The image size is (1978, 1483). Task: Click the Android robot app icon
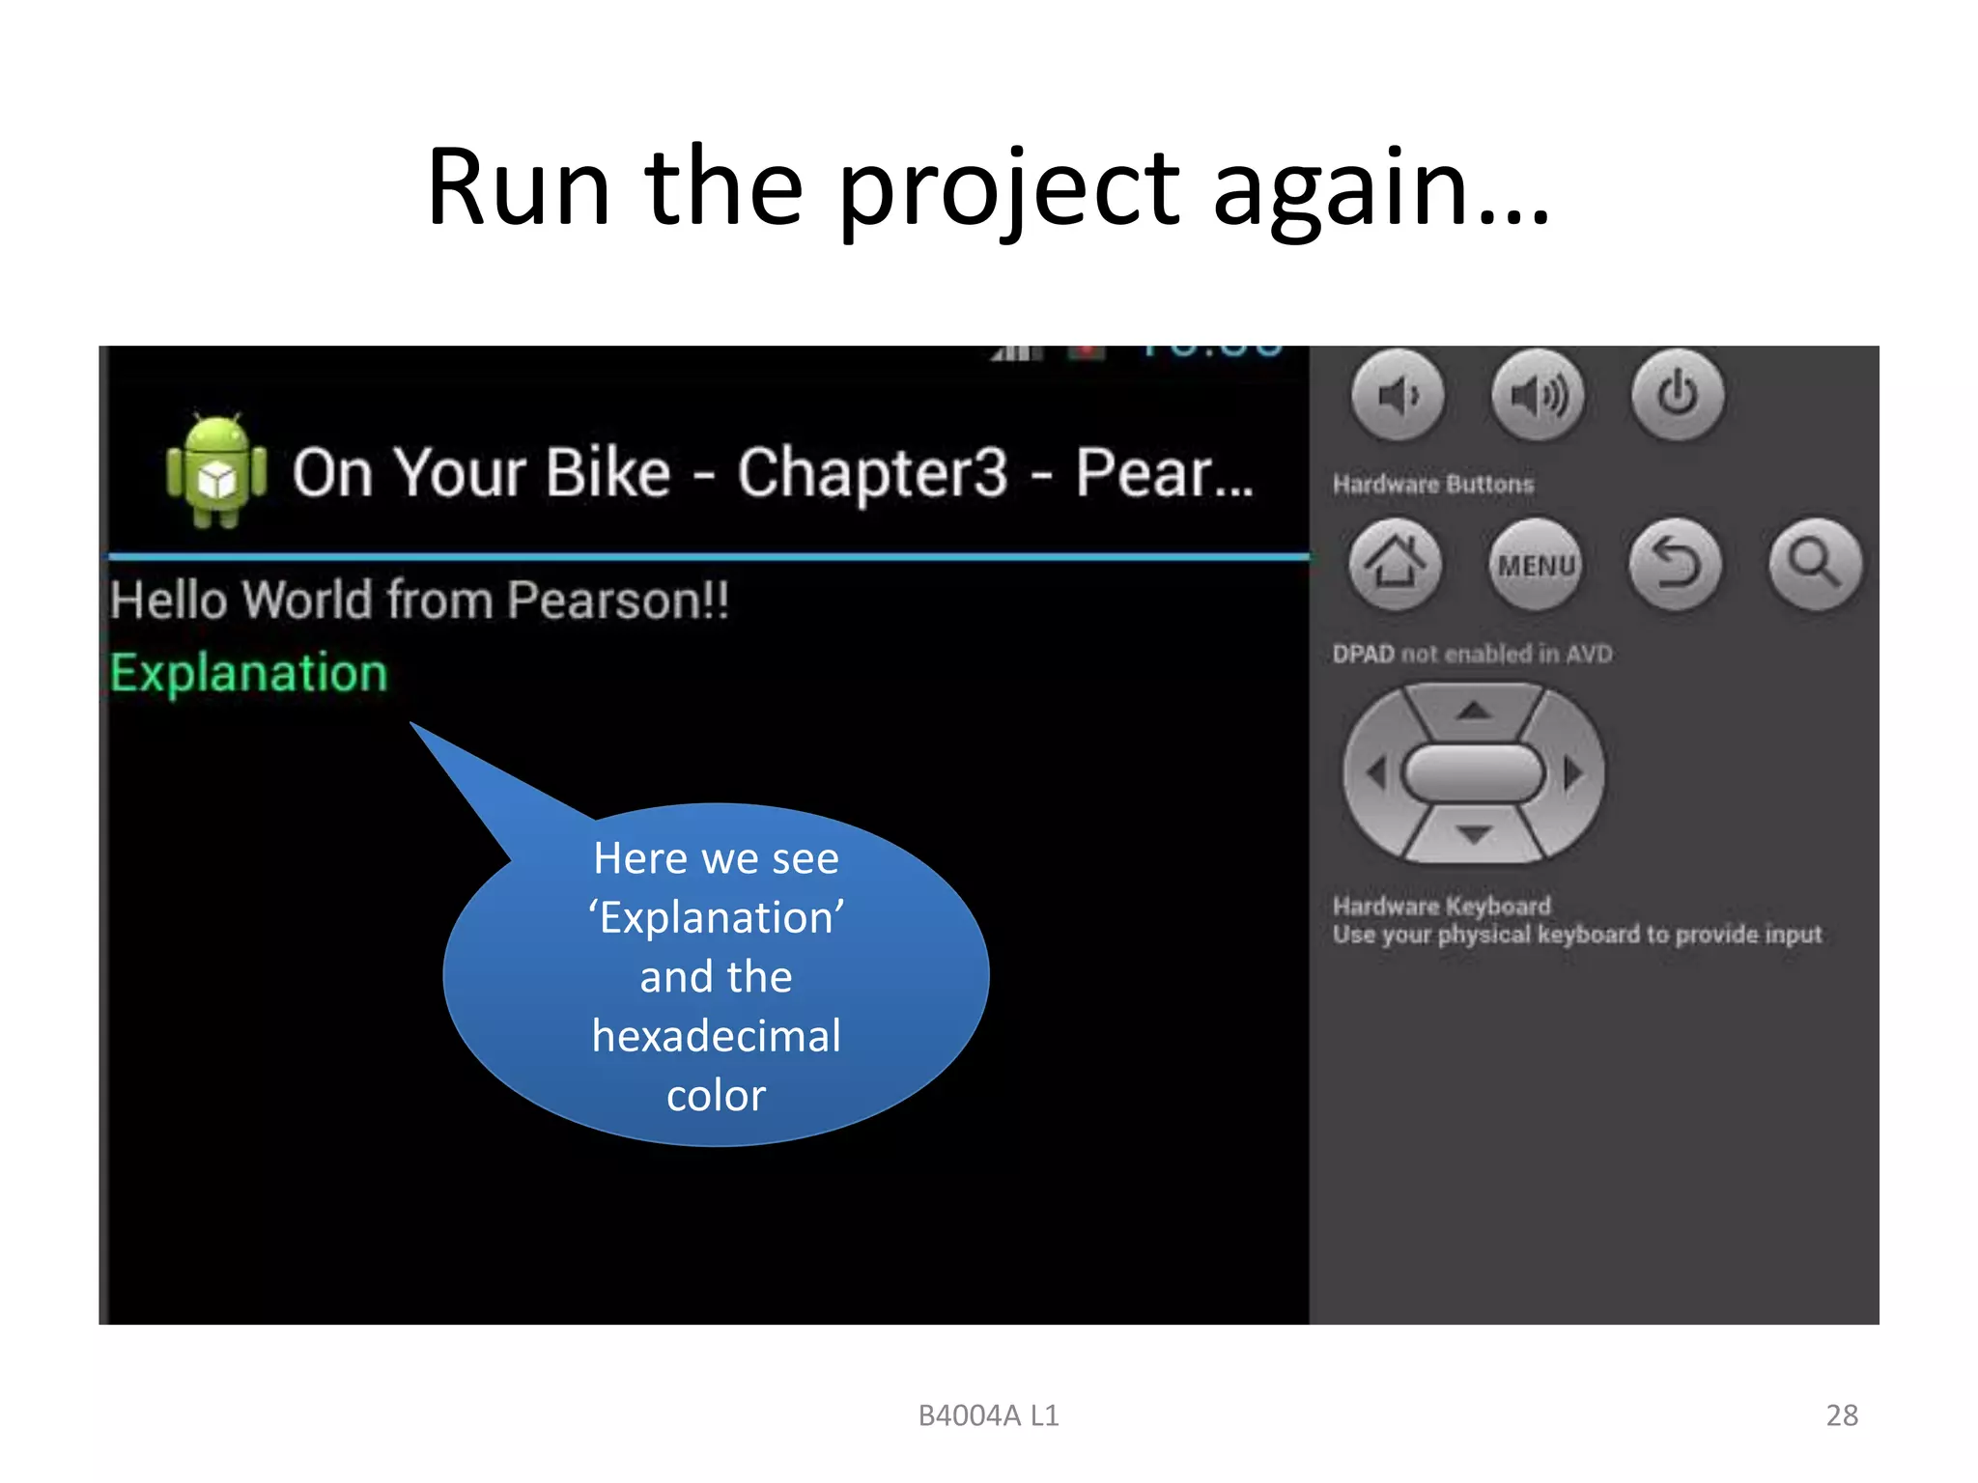[x=216, y=472]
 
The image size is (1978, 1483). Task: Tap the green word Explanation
[x=249, y=673]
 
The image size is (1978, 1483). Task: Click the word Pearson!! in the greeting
[x=618, y=601]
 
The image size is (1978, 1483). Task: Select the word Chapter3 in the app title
[x=872, y=473]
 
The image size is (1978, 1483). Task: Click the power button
[x=1678, y=395]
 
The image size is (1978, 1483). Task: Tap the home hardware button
[x=1395, y=564]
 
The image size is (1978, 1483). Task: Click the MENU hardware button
[x=1536, y=565]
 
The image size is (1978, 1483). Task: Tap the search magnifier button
[x=1815, y=565]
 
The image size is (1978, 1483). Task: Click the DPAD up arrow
[x=1473, y=713]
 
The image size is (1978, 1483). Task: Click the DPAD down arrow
[x=1473, y=833]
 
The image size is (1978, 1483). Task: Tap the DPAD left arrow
[x=1377, y=773]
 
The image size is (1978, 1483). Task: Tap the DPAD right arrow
[x=1572, y=773]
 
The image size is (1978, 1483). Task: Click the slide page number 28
[x=1842, y=1415]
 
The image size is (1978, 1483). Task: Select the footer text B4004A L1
[x=988, y=1415]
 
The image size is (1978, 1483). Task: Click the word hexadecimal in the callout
[x=717, y=1036]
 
